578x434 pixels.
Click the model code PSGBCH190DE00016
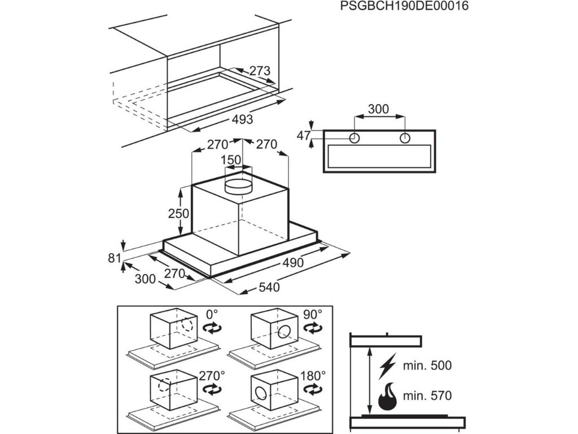pos(405,6)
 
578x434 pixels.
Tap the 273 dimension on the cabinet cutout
pos(260,71)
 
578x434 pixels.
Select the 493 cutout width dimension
pos(242,120)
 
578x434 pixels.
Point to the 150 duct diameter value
pos(230,160)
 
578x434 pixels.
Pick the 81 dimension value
pos(115,258)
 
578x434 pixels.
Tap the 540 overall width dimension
pos(269,287)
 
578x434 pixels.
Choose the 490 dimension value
pos(293,263)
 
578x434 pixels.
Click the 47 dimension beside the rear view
pos(304,136)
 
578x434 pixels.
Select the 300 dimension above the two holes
pos(378,109)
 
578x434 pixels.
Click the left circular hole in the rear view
pos(354,138)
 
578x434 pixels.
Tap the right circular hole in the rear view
pos(404,138)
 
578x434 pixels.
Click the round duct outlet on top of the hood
pos(240,186)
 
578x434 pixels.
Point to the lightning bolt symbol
pos(389,366)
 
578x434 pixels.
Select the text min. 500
pos(427,366)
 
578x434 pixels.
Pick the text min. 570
pos(427,396)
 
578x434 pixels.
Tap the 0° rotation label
pos(212,313)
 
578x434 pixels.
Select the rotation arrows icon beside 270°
pos(212,389)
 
